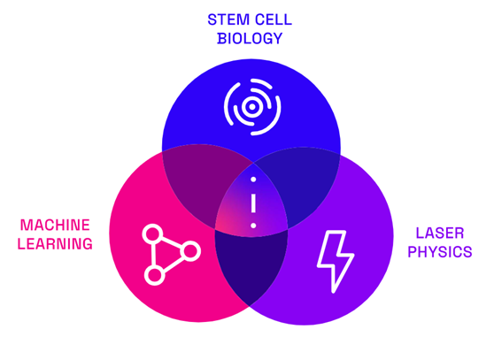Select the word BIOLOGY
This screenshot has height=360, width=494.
click(x=250, y=38)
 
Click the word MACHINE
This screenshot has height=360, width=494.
click(x=55, y=226)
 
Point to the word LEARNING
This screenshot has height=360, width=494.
click(x=55, y=244)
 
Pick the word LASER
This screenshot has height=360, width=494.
click(x=440, y=234)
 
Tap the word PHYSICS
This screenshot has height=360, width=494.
click(x=440, y=252)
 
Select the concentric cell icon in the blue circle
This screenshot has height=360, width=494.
click(x=252, y=107)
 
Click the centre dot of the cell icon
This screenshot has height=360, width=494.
click(x=252, y=107)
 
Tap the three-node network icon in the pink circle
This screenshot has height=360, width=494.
click(x=171, y=255)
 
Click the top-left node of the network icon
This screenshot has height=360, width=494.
click(x=153, y=234)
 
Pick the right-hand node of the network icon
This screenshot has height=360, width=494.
click(x=190, y=251)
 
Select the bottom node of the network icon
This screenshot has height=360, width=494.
click(x=154, y=275)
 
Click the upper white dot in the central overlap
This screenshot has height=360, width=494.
click(x=253, y=180)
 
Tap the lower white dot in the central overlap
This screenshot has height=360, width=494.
click(x=253, y=226)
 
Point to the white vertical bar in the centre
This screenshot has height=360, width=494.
click(x=253, y=203)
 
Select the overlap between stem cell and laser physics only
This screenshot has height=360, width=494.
click(x=304, y=184)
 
